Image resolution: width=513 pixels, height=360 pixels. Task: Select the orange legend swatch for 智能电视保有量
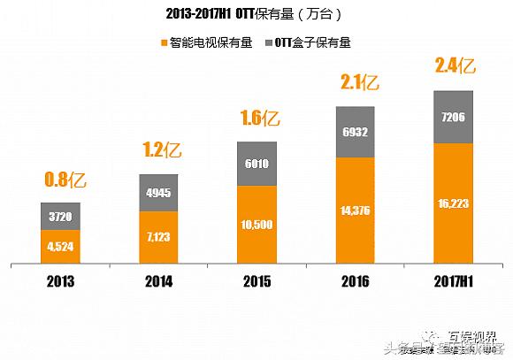tap(163, 42)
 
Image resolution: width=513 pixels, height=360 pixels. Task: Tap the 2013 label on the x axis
tap(60, 282)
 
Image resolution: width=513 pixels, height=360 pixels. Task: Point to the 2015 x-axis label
tap(256, 282)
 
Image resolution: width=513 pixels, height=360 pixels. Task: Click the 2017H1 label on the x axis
tap(454, 282)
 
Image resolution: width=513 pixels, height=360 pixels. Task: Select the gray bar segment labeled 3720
tap(60, 216)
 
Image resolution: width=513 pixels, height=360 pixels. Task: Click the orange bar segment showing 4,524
tap(60, 246)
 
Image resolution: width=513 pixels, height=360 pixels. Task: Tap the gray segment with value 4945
tap(158, 193)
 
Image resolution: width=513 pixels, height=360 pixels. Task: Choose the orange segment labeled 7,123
tap(158, 236)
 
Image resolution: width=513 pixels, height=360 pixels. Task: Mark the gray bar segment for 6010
tap(256, 164)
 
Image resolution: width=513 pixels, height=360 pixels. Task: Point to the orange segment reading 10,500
tap(256, 225)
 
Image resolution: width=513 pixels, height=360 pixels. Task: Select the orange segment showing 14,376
tap(356, 210)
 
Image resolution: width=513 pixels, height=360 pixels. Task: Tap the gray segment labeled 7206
tap(454, 117)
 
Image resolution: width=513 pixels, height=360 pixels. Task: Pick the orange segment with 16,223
tap(454, 203)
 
